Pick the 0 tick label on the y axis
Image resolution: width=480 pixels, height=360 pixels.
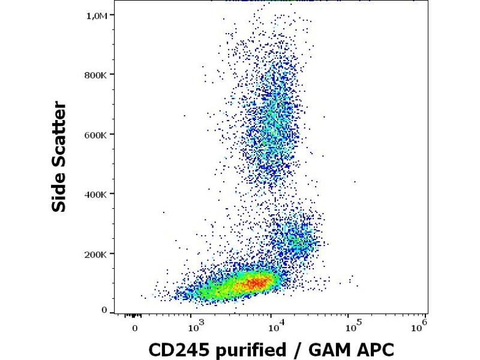[x=104, y=310]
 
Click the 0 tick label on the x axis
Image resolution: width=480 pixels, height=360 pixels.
[x=136, y=329]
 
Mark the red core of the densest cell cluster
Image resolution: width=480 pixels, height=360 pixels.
[x=255, y=282]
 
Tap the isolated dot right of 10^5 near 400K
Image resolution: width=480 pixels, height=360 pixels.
[x=355, y=181]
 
